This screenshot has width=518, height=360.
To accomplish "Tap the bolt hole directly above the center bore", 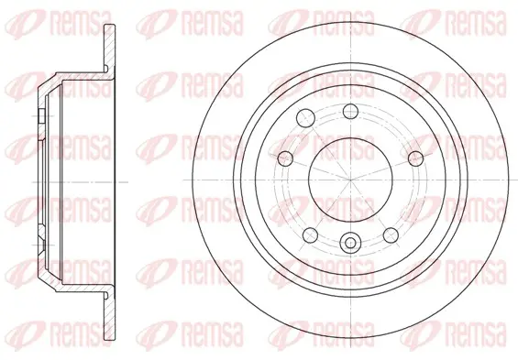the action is pos(350,111).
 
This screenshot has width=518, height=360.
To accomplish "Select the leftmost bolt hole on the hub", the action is pos(285,158).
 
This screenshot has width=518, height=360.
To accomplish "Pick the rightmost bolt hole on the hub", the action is pos(415,158).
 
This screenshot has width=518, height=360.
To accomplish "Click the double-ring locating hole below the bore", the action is pos(350,243).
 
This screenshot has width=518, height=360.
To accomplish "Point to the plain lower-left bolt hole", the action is pos(311,235).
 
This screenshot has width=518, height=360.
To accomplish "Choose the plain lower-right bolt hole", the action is pos(391,235).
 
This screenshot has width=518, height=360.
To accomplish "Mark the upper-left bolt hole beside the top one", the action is pos(305,117).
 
